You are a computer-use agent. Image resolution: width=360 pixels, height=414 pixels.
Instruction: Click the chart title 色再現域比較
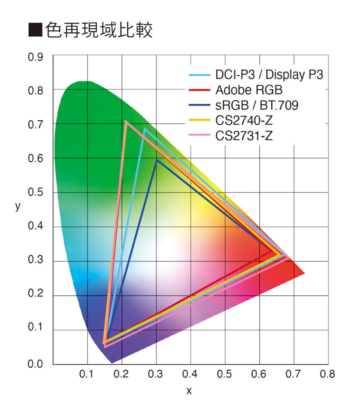point(99,30)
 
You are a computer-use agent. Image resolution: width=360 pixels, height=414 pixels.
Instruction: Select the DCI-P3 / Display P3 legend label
point(269,75)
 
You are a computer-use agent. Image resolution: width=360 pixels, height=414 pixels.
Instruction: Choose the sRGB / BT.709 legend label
point(257,106)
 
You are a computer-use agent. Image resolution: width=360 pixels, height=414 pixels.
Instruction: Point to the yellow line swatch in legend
point(199,120)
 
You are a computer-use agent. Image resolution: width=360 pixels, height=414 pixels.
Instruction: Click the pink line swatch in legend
point(199,136)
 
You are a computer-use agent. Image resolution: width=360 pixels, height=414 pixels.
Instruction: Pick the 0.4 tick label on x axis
point(190,374)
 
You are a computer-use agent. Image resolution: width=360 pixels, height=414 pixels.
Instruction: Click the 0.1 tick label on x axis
point(87,374)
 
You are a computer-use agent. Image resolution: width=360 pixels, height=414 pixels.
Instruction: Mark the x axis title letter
point(188,391)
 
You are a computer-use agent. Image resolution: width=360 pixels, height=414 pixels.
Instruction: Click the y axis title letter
point(17,206)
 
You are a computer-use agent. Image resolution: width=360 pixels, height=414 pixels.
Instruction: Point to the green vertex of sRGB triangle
point(157,160)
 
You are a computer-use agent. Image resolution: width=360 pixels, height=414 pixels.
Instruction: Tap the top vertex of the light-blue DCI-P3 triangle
point(144,129)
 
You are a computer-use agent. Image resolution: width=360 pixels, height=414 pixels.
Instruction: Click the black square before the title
point(35,31)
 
